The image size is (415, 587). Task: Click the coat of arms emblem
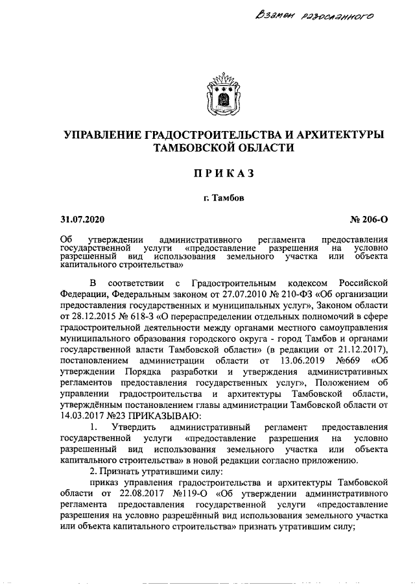coord(223,94)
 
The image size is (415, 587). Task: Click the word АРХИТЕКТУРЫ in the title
coord(337,135)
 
